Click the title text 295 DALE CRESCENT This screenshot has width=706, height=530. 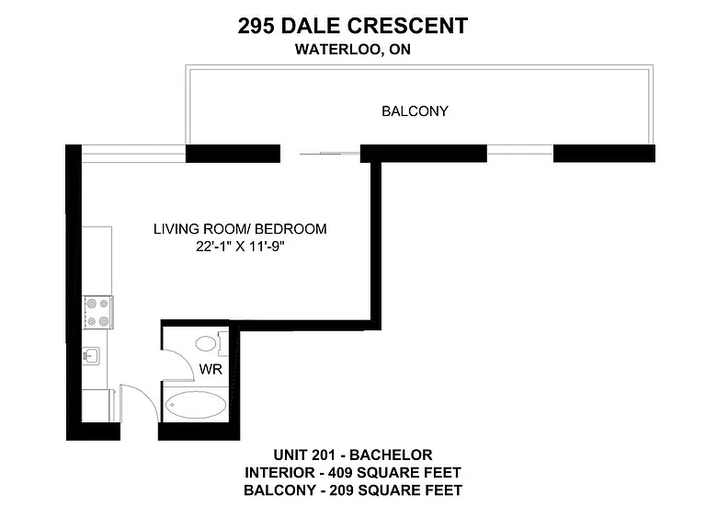(x=353, y=26)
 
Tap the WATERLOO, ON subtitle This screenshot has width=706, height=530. (x=353, y=49)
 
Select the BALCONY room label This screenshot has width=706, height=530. (x=415, y=110)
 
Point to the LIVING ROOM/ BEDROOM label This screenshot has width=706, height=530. (x=240, y=228)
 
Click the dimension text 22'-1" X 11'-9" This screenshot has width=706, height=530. (x=240, y=246)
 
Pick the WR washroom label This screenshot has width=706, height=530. (x=211, y=369)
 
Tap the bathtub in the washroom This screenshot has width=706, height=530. (x=196, y=404)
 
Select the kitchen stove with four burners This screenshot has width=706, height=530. (x=97, y=312)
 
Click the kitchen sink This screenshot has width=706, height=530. (x=91, y=356)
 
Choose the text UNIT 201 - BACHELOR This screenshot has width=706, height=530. (x=353, y=455)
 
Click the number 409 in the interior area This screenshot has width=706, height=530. (x=340, y=472)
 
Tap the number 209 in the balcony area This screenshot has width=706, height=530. (x=341, y=490)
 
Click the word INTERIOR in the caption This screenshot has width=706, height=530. (x=279, y=472)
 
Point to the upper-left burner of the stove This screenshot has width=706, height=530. (x=91, y=303)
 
